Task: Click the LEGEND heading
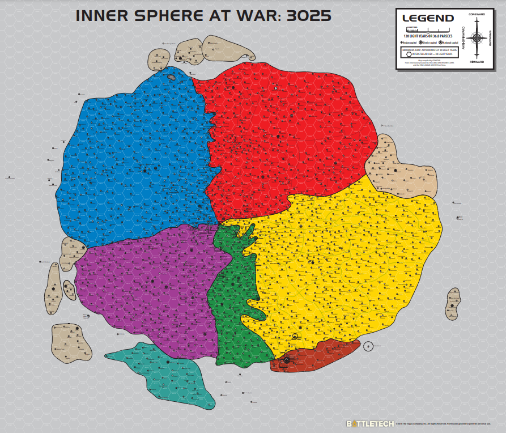428,18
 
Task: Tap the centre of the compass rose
477,39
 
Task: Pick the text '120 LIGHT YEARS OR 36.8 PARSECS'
428,35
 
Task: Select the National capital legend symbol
440,43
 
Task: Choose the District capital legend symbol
420,43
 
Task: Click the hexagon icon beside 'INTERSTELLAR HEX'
408,55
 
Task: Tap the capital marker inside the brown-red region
287,359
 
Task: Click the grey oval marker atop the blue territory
172,77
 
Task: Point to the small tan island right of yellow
453,303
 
